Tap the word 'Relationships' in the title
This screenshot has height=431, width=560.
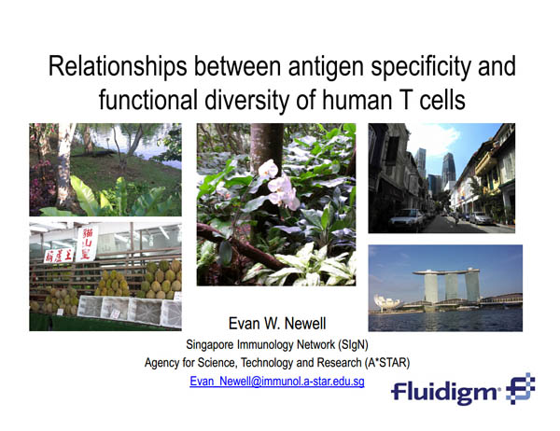click(x=118, y=67)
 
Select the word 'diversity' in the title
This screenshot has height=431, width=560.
click(x=246, y=100)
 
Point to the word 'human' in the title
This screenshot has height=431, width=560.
click(x=357, y=101)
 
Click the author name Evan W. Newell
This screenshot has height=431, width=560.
click(x=277, y=324)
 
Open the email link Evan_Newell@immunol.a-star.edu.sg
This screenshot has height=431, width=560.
click(x=277, y=382)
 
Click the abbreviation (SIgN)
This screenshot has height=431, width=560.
click(x=353, y=344)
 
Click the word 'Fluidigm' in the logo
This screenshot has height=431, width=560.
click(x=445, y=392)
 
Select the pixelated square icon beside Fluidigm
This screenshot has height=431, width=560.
click(x=521, y=388)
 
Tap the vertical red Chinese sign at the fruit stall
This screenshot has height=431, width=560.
click(x=87, y=243)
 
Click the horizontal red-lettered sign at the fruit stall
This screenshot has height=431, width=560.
click(x=59, y=256)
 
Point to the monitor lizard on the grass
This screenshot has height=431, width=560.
click(x=94, y=154)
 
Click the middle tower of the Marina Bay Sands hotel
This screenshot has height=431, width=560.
click(x=452, y=286)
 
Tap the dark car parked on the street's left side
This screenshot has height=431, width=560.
click(x=406, y=219)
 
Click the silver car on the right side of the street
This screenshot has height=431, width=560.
click(x=482, y=218)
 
